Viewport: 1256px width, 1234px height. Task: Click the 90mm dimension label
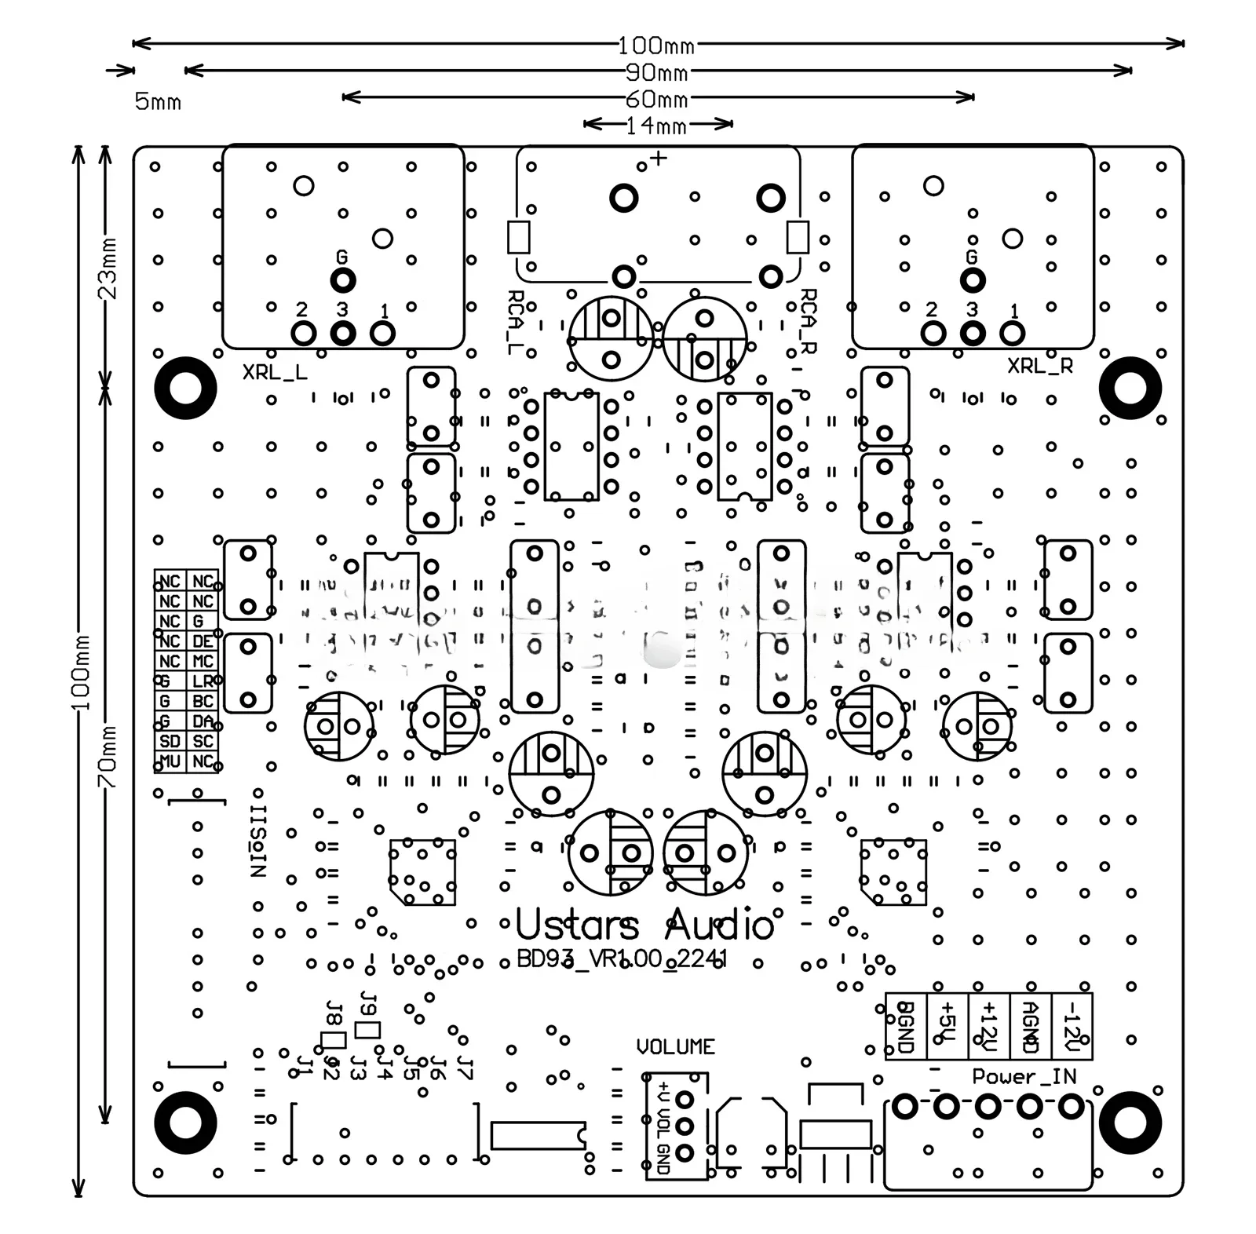tap(656, 73)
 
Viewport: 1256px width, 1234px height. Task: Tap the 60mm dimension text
tap(656, 100)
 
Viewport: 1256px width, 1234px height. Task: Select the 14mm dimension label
tap(656, 126)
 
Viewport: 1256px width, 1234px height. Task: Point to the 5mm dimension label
tap(158, 102)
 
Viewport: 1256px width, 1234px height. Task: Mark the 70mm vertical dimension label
tap(107, 757)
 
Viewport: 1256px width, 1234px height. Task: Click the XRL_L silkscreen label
tap(275, 372)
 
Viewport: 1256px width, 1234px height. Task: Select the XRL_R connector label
tap(1039, 366)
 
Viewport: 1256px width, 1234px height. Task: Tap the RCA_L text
tap(516, 322)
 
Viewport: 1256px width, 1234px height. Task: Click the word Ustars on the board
tap(577, 925)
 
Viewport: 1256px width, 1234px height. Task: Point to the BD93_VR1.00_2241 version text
tap(622, 959)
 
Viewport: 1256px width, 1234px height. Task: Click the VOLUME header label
tap(675, 1046)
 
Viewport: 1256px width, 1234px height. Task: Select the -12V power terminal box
tap(1071, 1027)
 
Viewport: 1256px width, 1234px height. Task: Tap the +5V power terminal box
tap(947, 1027)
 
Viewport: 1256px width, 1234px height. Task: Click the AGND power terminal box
tap(1030, 1027)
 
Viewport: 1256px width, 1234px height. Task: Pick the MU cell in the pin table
tap(170, 761)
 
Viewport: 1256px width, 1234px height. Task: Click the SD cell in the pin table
tap(170, 741)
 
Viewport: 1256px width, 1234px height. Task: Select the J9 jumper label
tap(367, 1004)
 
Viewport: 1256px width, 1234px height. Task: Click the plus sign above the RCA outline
tap(659, 159)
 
